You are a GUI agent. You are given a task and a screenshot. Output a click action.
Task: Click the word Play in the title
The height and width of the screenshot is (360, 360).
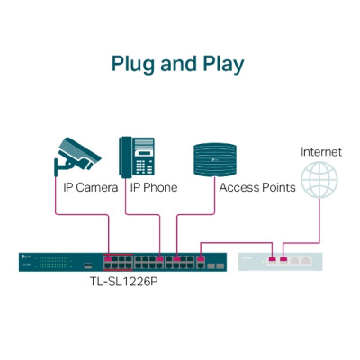coord(221,65)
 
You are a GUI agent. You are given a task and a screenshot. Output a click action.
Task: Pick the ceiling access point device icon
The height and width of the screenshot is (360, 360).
coord(213,158)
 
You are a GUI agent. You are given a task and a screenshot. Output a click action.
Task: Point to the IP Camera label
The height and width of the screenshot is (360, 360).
coord(90,188)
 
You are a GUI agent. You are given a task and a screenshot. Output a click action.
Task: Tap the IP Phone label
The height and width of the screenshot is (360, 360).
coord(154,188)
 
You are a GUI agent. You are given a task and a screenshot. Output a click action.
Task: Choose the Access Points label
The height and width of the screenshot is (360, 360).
coord(257,188)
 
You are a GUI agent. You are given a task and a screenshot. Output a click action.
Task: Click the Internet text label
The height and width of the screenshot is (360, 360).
coord(321,152)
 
